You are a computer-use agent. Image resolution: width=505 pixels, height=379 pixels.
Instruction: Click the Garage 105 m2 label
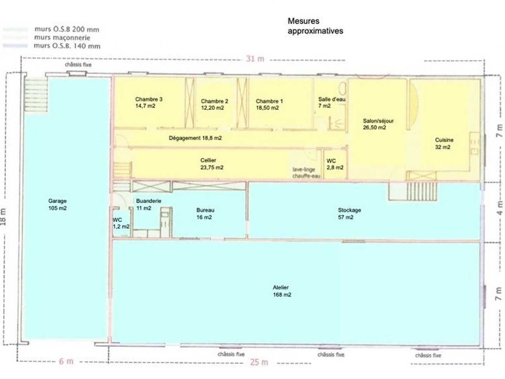click(58, 204)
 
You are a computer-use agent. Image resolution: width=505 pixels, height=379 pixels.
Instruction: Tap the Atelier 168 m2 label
click(282, 291)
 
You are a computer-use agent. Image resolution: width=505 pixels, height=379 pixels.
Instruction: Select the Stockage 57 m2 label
click(350, 214)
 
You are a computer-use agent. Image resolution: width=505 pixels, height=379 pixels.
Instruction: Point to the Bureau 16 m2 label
click(205, 214)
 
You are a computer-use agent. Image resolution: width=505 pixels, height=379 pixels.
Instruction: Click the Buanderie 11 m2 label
click(149, 204)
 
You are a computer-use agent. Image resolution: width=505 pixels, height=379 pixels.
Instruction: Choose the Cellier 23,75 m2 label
click(212, 164)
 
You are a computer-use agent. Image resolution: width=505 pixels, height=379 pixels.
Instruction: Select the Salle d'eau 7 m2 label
click(332, 102)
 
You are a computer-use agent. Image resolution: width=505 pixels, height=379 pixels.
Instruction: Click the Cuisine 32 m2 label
click(444, 144)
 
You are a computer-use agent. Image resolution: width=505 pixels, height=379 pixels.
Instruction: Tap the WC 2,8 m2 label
click(335, 164)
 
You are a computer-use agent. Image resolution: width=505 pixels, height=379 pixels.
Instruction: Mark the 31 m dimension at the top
click(255, 59)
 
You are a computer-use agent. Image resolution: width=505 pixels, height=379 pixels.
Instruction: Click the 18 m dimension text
click(4, 217)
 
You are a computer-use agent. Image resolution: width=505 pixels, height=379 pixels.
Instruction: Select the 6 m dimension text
click(66, 361)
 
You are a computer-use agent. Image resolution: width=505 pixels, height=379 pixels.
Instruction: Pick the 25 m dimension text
click(259, 362)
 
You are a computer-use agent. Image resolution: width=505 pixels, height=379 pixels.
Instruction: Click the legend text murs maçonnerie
click(62, 38)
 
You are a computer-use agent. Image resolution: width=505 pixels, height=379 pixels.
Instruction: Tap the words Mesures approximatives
click(315, 26)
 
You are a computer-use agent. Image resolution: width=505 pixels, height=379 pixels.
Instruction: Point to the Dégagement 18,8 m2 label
click(195, 138)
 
